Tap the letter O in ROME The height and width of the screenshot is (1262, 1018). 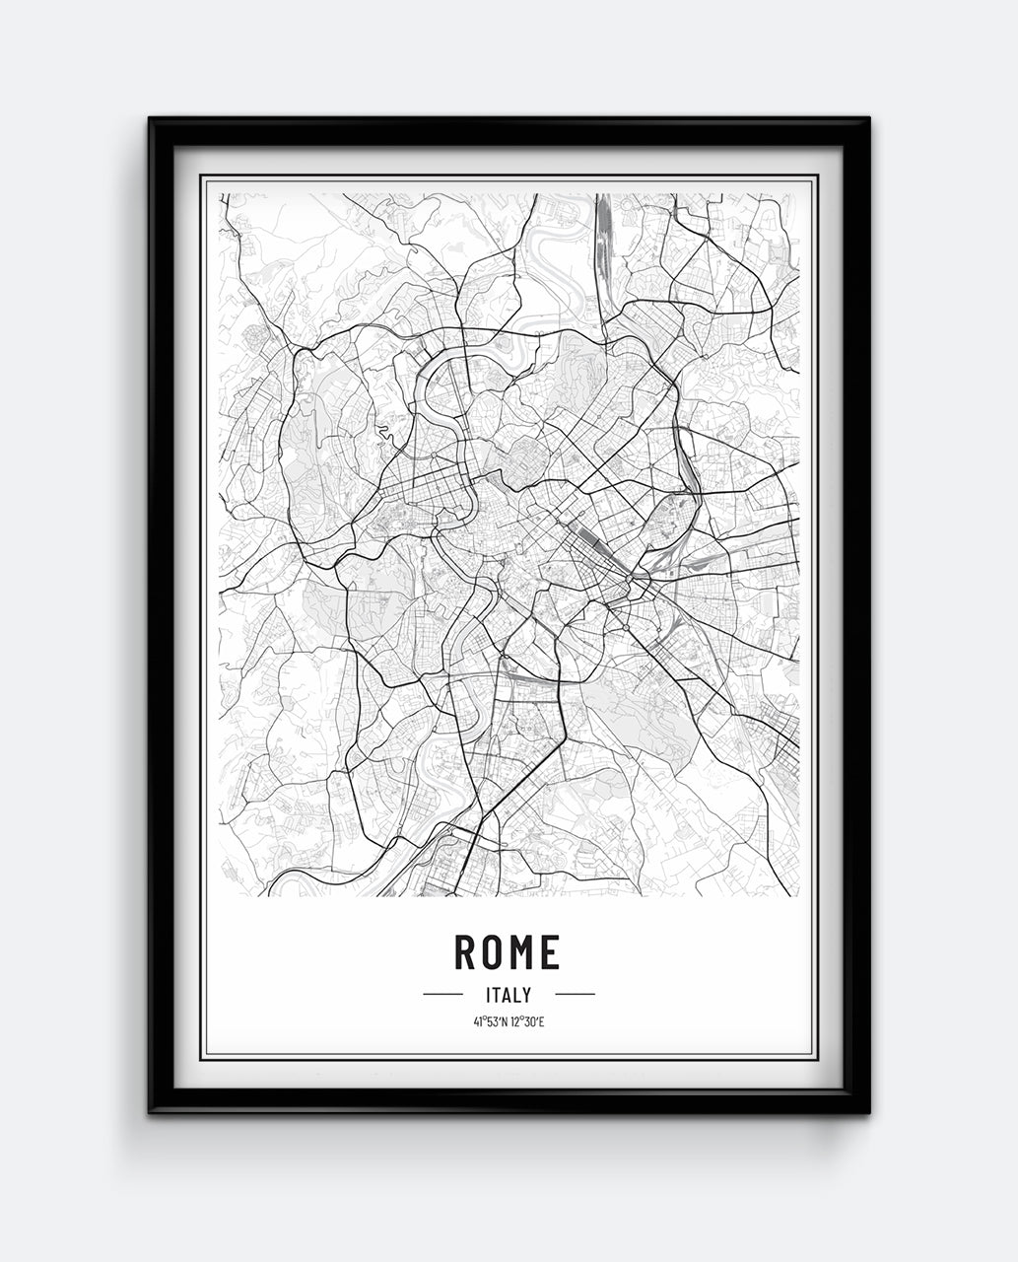tap(492, 951)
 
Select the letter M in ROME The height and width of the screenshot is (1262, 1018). tap(521, 951)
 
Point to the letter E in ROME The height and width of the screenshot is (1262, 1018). tap(550, 951)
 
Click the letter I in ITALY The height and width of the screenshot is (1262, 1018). tap(489, 995)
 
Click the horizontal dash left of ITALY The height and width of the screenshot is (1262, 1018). tap(442, 994)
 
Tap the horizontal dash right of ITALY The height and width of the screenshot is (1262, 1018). tap(575, 994)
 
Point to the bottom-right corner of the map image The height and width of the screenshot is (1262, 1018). tap(798, 895)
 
